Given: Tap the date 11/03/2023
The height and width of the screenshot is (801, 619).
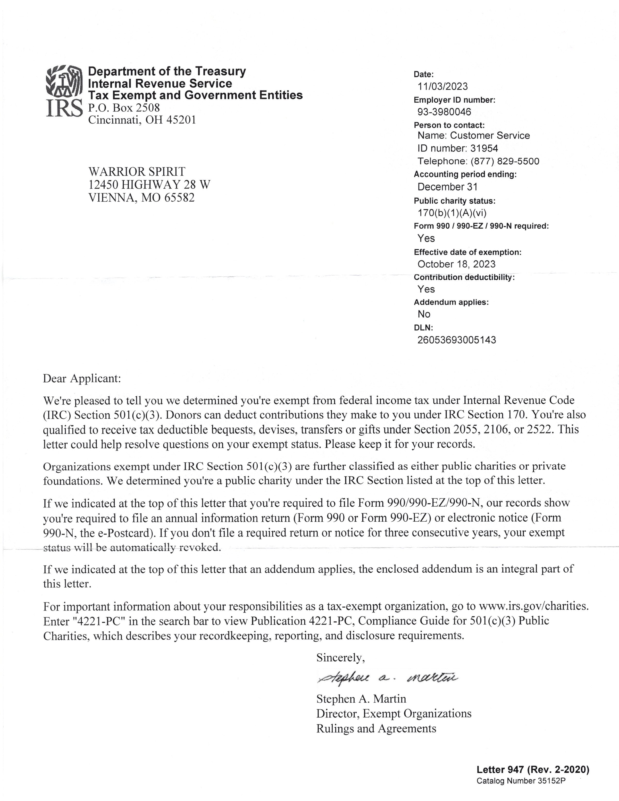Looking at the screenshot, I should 443,87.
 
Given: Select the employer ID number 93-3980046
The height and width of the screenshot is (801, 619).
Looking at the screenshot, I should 444,112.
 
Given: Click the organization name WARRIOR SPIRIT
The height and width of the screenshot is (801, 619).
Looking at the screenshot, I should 137,171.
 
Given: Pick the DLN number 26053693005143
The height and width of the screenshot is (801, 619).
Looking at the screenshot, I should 457,340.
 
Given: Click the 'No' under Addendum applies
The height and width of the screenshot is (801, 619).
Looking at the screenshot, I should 424,314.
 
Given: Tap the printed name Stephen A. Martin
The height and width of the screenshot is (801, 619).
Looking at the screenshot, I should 361,699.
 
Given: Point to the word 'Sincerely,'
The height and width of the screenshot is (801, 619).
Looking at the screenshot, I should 341,658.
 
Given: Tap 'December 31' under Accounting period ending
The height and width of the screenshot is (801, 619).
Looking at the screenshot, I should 447,187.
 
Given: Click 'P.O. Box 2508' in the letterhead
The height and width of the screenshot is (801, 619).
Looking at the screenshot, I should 124,108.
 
